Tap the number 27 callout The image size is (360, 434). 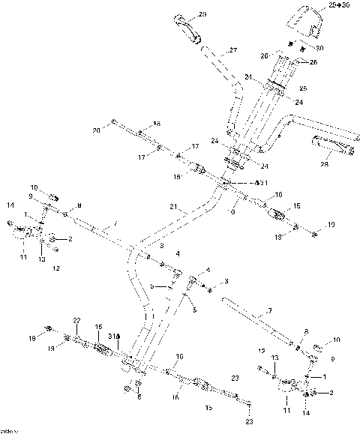(232, 50)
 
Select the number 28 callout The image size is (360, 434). (326, 163)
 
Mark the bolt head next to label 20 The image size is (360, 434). (112, 122)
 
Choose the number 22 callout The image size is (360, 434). (76, 320)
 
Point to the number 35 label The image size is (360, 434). (209, 407)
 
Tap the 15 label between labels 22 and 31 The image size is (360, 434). (98, 327)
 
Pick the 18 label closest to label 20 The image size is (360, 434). (157, 123)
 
